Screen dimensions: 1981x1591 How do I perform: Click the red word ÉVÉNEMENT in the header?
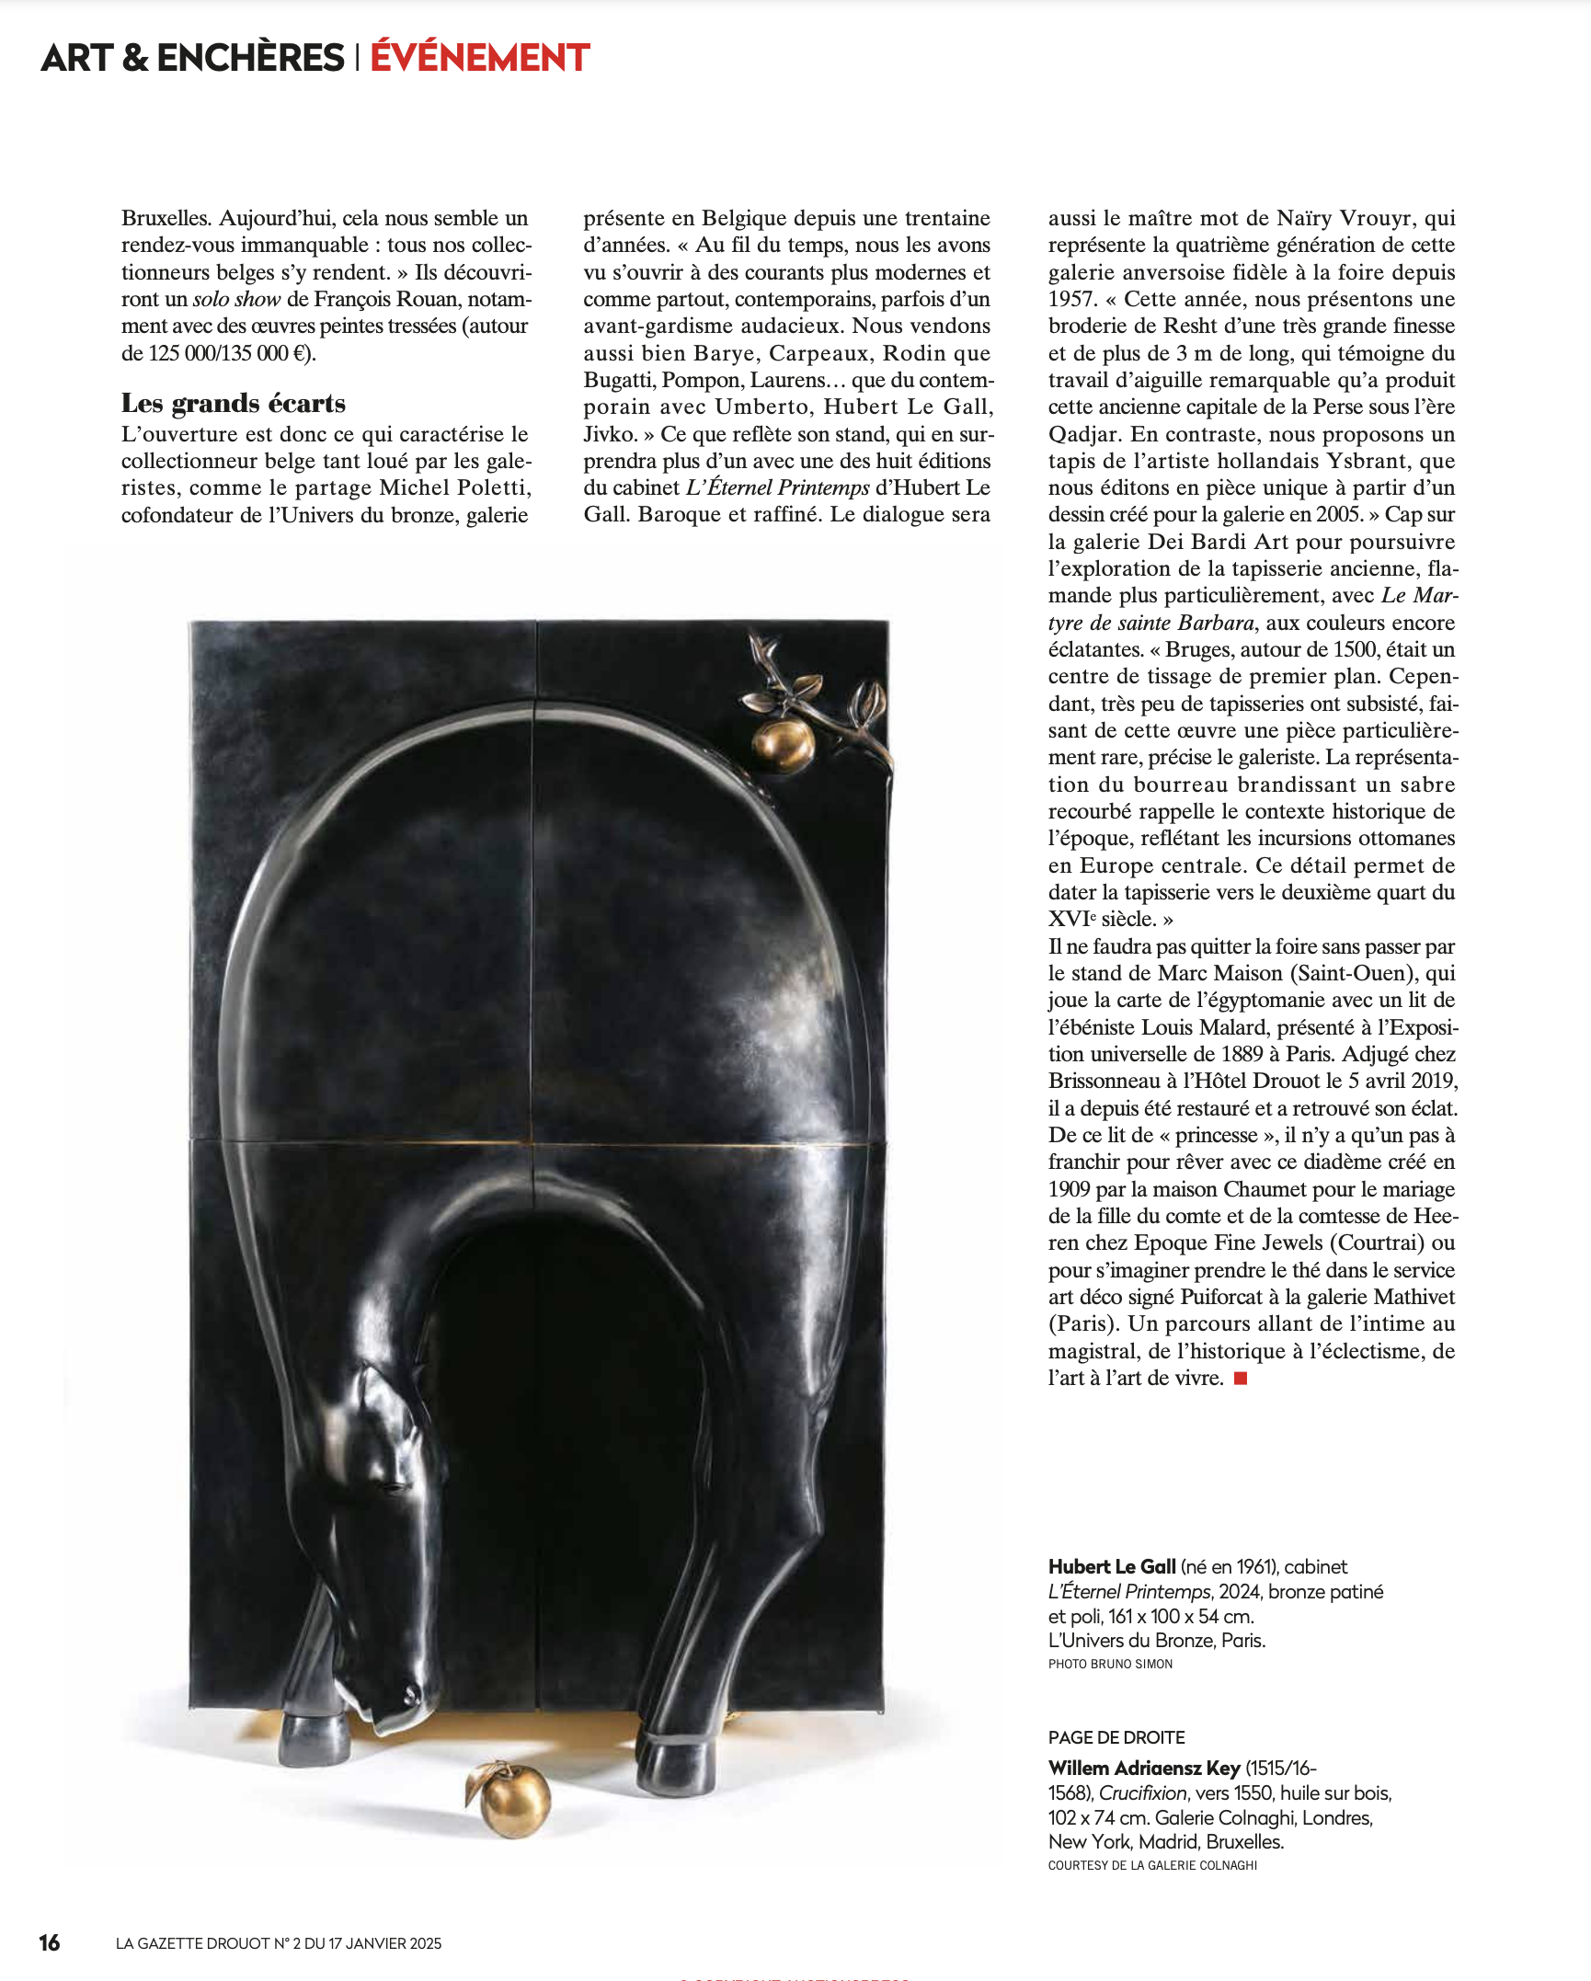coord(479,58)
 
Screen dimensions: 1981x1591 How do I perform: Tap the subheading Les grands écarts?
coord(234,404)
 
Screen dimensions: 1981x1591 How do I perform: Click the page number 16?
coord(50,1942)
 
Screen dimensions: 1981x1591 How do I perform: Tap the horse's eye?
coord(389,1487)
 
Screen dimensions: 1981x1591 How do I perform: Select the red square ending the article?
coord(1241,1378)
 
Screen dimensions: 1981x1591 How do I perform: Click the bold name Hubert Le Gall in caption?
coord(1112,1567)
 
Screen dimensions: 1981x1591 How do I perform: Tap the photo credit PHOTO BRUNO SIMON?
coord(1110,1664)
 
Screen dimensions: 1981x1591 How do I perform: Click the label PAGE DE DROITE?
coord(1116,1737)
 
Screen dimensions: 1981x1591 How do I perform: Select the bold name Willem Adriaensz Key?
coord(1144,1768)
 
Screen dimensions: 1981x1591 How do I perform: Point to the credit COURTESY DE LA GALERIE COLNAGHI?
coord(1152,1865)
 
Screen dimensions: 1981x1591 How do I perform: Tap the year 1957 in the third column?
coord(1072,299)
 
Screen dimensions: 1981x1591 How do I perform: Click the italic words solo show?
coord(236,299)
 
